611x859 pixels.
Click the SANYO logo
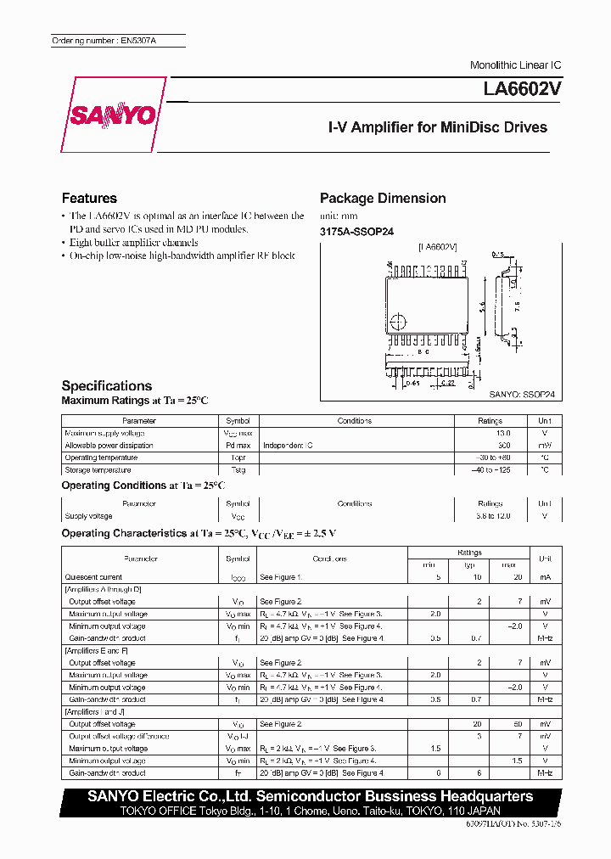click(113, 115)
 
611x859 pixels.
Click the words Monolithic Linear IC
click(515, 65)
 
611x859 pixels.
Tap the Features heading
click(89, 198)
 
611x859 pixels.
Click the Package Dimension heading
click(383, 198)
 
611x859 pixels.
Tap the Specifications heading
click(107, 385)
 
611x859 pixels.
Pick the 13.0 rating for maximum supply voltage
click(503, 433)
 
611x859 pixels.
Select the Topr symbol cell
click(238, 458)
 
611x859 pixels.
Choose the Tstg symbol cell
click(238, 469)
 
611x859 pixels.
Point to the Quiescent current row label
click(93, 577)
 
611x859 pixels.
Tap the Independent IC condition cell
click(288, 445)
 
